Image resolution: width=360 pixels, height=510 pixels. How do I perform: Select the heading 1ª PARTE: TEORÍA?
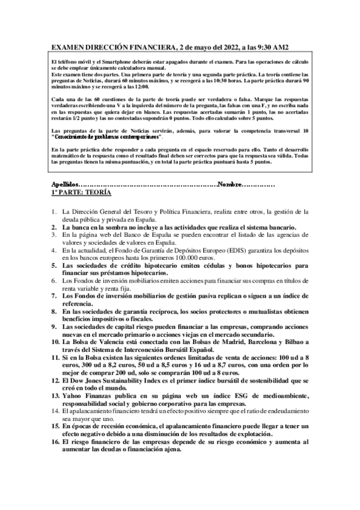point(82,194)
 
